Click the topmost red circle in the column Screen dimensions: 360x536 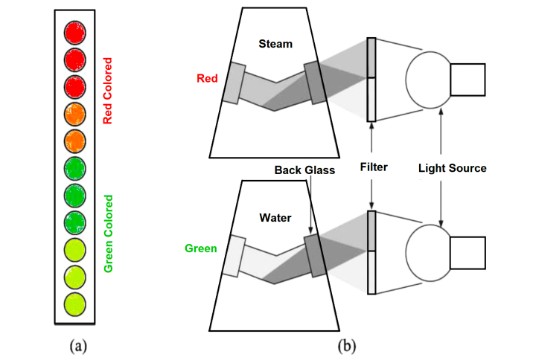pyautogui.click(x=75, y=33)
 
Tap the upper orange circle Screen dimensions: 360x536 pyautogui.click(x=75, y=114)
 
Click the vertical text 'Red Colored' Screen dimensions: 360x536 pyautogui.click(x=108, y=91)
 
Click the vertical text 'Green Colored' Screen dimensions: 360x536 pyautogui.click(x=108, y=234)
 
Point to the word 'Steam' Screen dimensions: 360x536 pyautogui.click(x=275, y=44)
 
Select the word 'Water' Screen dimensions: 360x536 pyautogui.click(x=275, y=219)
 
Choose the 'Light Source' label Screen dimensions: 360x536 pyautogui.click(x=452, y=168)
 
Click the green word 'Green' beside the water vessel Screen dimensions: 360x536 pyautogui.click(x=202, y=248)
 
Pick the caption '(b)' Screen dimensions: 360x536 pyautogui.click(x=347, y=344)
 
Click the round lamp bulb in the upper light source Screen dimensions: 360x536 pyautogui.click(x=428, y=80)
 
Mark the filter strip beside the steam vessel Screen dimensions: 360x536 pyautogui.click(x=372, y=79)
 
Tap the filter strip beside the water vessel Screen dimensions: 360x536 pyautogui.click(x=372, y=252)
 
